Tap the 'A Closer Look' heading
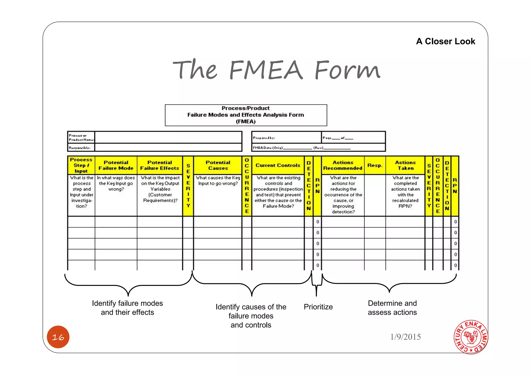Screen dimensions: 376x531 click(x=445, y=41)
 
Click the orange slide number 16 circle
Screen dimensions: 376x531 click(x=58, y=337)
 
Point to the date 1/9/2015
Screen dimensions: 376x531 click(x=405, y=337)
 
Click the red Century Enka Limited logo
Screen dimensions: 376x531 click(x=471, y=337)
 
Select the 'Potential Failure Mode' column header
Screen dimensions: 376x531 click(x=116, y=165)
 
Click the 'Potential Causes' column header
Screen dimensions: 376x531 click(x=218, y=165)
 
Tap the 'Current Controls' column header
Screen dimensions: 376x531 click(x=278, y=165)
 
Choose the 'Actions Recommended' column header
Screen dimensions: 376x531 click(x=343, y=165)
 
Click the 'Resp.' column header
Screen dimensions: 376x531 click(x=375, y=165)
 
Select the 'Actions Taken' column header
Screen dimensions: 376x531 click(x=405, y=165)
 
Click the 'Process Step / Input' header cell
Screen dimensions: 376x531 click(x=81, y=165)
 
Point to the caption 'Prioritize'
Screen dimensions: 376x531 click(x=318, y=307)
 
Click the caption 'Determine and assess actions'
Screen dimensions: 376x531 click(x=392, y=308)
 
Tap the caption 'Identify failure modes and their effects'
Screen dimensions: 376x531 click(x=127, y=308)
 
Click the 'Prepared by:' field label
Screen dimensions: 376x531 click(x=264, y=138)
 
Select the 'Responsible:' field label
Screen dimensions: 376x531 click(x=80, y=148)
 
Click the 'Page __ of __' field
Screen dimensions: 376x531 click(x=338, y=138)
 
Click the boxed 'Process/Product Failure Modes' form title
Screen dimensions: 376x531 click(x=246, y=115)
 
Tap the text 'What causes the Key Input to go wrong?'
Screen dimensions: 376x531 click(x=218, y=181)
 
